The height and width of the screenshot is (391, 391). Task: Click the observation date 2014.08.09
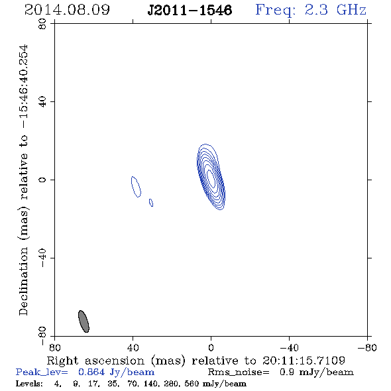(x=67, y=10)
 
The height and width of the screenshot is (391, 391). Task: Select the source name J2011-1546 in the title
(x=190, y=11)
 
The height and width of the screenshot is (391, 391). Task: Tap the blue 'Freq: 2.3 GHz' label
(x=311, y=10)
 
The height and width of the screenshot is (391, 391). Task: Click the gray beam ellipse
(x=84, y=321)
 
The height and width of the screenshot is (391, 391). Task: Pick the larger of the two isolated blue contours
(x=136, y=187)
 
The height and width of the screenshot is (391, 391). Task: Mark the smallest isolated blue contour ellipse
(x=151, y=203)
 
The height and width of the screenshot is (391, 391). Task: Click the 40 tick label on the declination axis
(x=42, y=102)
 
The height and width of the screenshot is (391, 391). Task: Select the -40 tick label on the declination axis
(x=42, y=258)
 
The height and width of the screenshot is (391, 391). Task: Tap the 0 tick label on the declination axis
(x=42, y=180)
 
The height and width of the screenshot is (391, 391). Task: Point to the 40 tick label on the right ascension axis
(x=133, y=347)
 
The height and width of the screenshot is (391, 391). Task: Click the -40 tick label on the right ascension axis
(x=289, y=347)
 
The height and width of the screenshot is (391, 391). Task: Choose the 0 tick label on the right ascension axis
(x=211, y=347)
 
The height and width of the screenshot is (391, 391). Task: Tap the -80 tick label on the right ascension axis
(x=367, y=347)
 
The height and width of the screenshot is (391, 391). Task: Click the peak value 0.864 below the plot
(x=91, y=372)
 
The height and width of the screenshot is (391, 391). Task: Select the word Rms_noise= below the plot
(x=239, y=372)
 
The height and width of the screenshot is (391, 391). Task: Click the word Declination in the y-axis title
(x=23, y=281)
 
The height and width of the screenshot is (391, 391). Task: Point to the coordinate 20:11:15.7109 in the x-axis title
(x=304, y=361)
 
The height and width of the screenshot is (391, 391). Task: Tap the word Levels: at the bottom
(x=29, y=383)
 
